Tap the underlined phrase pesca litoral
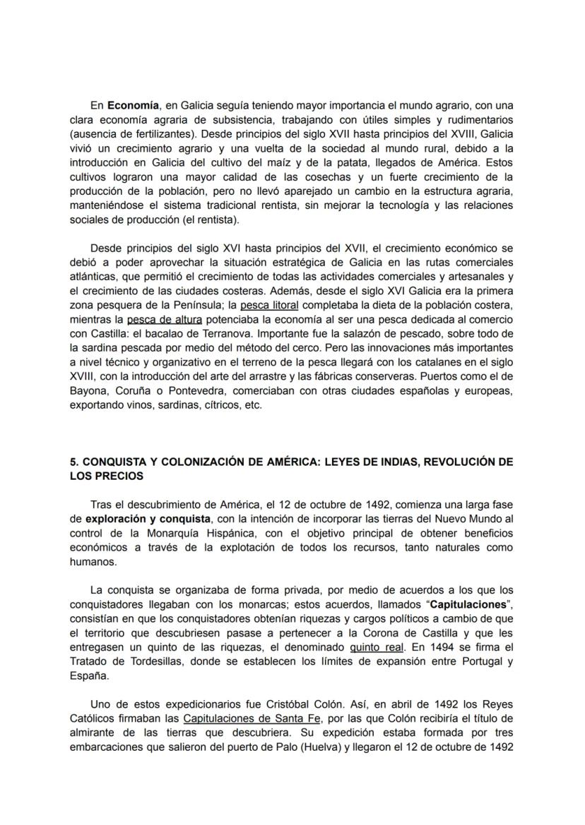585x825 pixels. [269, 306]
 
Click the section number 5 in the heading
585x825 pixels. [73, 462]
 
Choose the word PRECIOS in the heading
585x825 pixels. [117, 476]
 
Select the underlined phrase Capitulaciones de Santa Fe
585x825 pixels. [252, 718]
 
